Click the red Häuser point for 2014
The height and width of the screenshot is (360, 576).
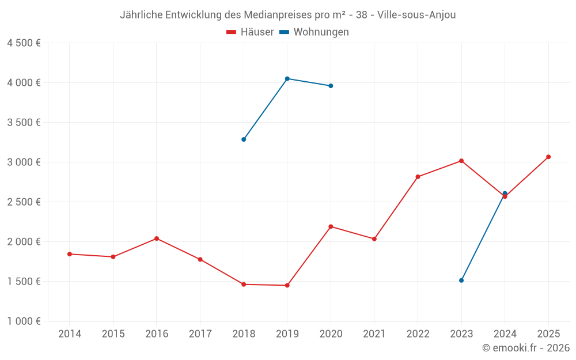click(x=69, y=254)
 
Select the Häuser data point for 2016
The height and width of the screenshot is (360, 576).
click(x=157, y=238)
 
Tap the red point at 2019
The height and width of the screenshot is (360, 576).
click(x=287, y=285)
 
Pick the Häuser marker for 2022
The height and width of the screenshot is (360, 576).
click(x=418, y=177)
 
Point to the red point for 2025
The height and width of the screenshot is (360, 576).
click(x=548, y=157)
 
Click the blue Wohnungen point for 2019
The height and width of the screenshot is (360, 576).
click(x=287, y=78)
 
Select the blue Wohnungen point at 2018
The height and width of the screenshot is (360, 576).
click(x=244, y=139)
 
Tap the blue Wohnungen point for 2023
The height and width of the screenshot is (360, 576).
click(x=461, y=281)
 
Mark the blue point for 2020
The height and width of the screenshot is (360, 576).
click(x=331, y=86)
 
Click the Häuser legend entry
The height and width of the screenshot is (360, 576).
click(x=250, y=32)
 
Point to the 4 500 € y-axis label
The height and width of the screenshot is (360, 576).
click(x=24, y=43)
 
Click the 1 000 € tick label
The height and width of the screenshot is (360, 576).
click(x=24, y=321)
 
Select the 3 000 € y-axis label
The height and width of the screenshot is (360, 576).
click(x=24, y=162)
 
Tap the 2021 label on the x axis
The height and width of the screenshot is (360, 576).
click(x=374, y=334)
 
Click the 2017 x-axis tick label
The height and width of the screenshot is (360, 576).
click(x=200, y=334)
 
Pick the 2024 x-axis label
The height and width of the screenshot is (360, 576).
click(x=505, y=334)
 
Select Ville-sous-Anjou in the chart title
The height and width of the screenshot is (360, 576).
click(x=416, y=15)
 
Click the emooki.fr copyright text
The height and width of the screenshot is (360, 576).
click(x=525, y=348)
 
